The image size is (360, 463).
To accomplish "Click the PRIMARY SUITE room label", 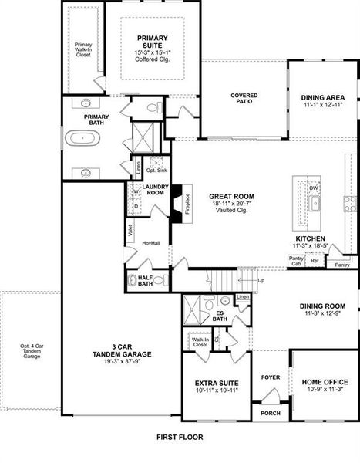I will (x=153, y=41).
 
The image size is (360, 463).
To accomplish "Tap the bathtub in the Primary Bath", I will (x=80, y=139).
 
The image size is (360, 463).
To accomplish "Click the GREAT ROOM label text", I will (x=231, y=197).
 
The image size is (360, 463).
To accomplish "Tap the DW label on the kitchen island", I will (x=314, y=188).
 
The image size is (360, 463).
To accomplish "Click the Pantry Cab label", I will (x=295, y=261).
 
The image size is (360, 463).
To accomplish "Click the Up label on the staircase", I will (x=261, y=280).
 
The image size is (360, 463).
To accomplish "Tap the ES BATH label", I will (x=220, y=316).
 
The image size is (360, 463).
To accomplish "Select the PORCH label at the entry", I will (x=271, y=413).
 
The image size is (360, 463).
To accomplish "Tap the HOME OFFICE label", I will (x=325, y=383).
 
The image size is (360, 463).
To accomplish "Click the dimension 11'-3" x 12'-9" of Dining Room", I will (x=325, y=314).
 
